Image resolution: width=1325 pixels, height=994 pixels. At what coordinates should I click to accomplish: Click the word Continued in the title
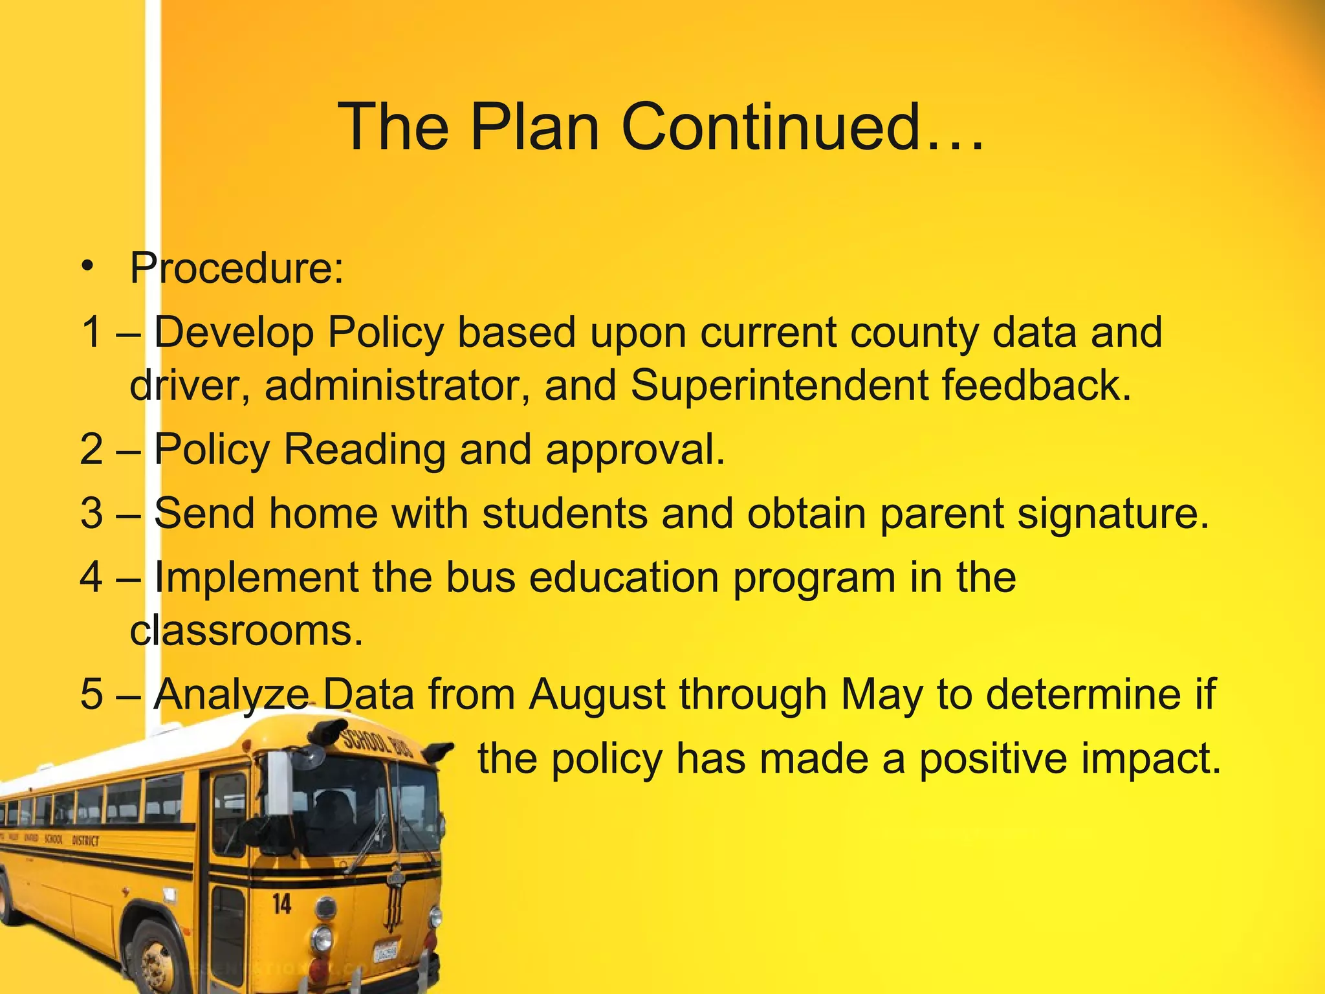click(802, 127)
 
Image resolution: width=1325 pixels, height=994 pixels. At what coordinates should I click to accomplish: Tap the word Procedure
click(235, 268)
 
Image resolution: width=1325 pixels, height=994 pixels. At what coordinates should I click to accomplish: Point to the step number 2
click(92, 449)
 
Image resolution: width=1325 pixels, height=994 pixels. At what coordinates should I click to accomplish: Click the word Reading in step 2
click(365, 449)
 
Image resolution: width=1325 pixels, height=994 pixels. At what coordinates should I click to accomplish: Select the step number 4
click(92, 577)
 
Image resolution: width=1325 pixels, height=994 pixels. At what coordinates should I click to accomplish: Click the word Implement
click(256, 577)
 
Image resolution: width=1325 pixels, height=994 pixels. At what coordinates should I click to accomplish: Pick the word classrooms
click(246, 630)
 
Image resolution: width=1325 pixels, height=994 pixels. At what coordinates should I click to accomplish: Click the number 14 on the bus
click(281, 903)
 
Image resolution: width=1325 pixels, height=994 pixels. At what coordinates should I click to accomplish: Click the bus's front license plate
click(386, 951)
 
